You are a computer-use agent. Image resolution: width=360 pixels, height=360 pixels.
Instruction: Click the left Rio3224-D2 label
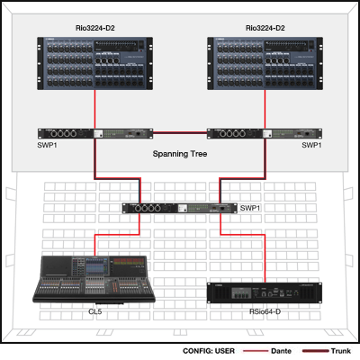coord(95,28)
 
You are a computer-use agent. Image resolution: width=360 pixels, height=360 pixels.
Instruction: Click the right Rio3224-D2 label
coord(265,28)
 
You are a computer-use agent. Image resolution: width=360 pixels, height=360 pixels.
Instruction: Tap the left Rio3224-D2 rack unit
coord(95,63)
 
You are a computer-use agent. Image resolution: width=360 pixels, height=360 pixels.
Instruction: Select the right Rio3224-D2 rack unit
coord(265,63)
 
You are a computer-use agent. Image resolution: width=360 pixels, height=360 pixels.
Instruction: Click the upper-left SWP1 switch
coord(95,133)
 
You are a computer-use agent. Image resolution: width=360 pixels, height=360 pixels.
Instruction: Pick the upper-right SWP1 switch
coord(265,133)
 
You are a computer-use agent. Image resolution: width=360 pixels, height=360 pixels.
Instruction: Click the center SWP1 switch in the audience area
coord(180,208)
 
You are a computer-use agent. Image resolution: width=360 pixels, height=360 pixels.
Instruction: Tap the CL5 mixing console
coord(94,279)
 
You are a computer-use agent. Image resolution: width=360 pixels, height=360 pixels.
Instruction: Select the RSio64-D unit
coord(265,292)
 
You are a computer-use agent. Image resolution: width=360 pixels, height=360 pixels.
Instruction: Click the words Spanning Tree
coord(180,154)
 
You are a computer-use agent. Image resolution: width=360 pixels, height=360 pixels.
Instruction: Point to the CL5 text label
coord(95,311)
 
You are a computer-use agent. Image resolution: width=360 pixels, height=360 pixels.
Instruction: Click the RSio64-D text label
coord(265,311)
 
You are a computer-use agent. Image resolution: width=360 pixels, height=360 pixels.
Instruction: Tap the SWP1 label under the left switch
coord(48,145)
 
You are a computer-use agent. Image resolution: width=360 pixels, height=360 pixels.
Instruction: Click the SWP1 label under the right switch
coord(311,145)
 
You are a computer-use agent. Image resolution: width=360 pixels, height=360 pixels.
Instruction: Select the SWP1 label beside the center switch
coord(250,208)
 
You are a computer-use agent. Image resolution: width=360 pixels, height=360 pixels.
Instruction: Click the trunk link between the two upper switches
coord(180,132)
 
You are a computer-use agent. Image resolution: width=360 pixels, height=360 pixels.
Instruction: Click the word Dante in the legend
coord(281,351)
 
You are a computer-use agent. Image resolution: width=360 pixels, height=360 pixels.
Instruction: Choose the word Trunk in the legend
coord(341,351)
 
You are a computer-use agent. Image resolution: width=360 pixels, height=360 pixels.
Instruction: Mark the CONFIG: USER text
coord(209,351)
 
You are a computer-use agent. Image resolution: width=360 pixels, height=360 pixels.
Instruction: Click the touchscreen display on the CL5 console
coord(94,266)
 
